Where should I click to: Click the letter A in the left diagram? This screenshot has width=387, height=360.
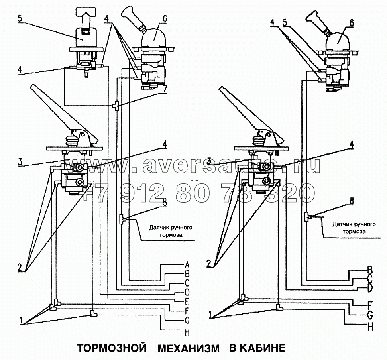click(186, 264)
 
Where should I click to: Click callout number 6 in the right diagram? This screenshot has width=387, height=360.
click(351, 23)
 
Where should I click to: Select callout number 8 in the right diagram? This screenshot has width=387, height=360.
click(351, 202)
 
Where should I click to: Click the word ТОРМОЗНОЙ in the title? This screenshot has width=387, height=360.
click(110, 348)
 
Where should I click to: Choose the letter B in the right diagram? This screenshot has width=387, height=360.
click(369, 268)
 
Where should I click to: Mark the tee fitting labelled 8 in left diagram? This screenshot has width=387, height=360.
click(122, 218)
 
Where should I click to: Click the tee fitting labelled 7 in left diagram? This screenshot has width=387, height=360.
click(116, 106)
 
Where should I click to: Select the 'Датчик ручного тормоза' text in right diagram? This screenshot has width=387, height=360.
click(349, 228)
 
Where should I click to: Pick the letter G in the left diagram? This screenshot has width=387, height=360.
click(186, 320)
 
